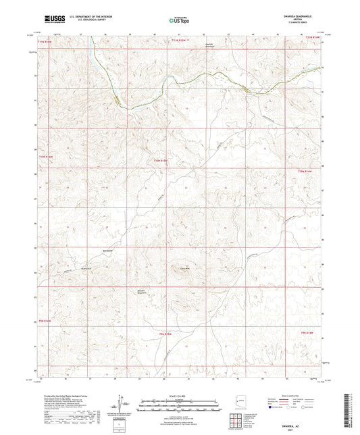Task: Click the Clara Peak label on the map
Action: point(182,267)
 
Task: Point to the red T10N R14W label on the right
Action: point(306,173)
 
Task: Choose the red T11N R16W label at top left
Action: point(45,43)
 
